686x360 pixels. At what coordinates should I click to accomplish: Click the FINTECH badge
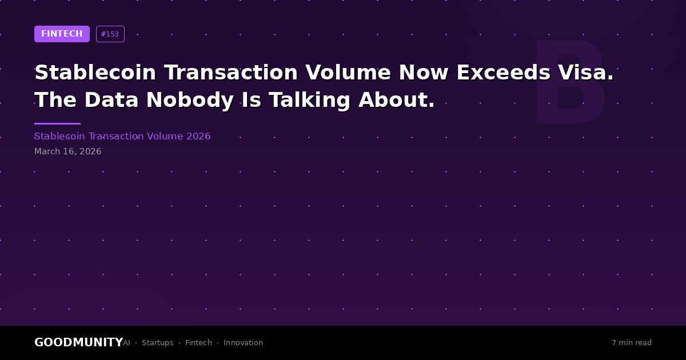pyautogui.click(x=62, y=34)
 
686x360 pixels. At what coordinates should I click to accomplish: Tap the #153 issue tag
pyautogui.click(x=110, y=34)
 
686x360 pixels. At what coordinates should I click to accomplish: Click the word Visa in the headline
pyautogui.click(x=586, y=72)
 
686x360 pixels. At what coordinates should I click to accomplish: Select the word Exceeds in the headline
pyautogui.click(x=504, y=72)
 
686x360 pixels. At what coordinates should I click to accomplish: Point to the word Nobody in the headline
pyautogui.click(x=190, y=100)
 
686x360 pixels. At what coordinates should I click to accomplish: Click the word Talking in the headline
pyautogui.click(x=309, y=100)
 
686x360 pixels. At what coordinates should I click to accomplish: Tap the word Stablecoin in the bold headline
pyautogui.click(x=95, y=72)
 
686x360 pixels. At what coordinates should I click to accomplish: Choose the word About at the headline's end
pyautogui.click(x=397, y=100)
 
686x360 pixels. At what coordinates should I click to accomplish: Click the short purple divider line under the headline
pyautogui.click(x=57, y=123)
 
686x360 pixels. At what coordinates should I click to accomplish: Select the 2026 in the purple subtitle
pyautogui.click(x=198, y=136)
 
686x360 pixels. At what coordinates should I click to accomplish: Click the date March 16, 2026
pyautogui.click(x=67, y=151)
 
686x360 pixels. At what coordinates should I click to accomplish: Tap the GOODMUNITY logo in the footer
pyautogui.click(x=79, y=342)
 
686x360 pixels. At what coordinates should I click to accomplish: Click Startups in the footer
pyautogui.click(x=157, y=343)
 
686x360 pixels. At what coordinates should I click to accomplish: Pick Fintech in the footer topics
pyautogui.click(x=198, y=342)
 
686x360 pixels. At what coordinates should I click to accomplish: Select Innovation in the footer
pyautogui.click(x=243, y=342)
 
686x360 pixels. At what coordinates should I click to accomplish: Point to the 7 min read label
pyautogui.click(x=632, y=342)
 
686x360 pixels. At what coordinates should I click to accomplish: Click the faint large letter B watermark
pyautogui.click(x=569, y=82)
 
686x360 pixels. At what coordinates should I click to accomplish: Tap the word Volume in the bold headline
pyautogui.click(x=348, y=72)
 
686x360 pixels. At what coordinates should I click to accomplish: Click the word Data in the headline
pyautogui.click(x=111, y=100)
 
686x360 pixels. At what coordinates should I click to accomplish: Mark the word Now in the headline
pyautogui.click(x=424, y=72)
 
